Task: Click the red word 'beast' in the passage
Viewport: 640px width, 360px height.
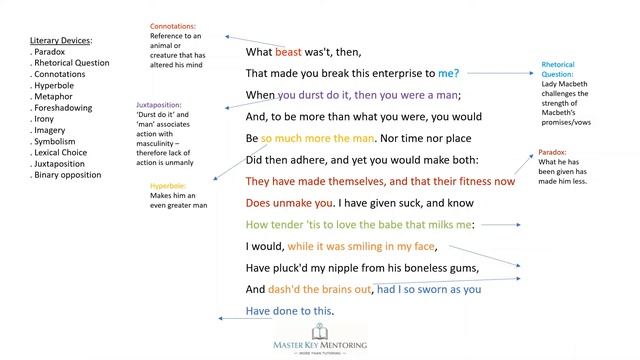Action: click(x=288, y=51)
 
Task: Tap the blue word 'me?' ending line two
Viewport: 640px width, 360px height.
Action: click(x=448, y=73)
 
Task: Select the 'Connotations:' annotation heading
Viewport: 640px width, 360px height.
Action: click(x=172, y=25)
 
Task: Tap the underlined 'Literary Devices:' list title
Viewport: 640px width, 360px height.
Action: click(x=61, y=41)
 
